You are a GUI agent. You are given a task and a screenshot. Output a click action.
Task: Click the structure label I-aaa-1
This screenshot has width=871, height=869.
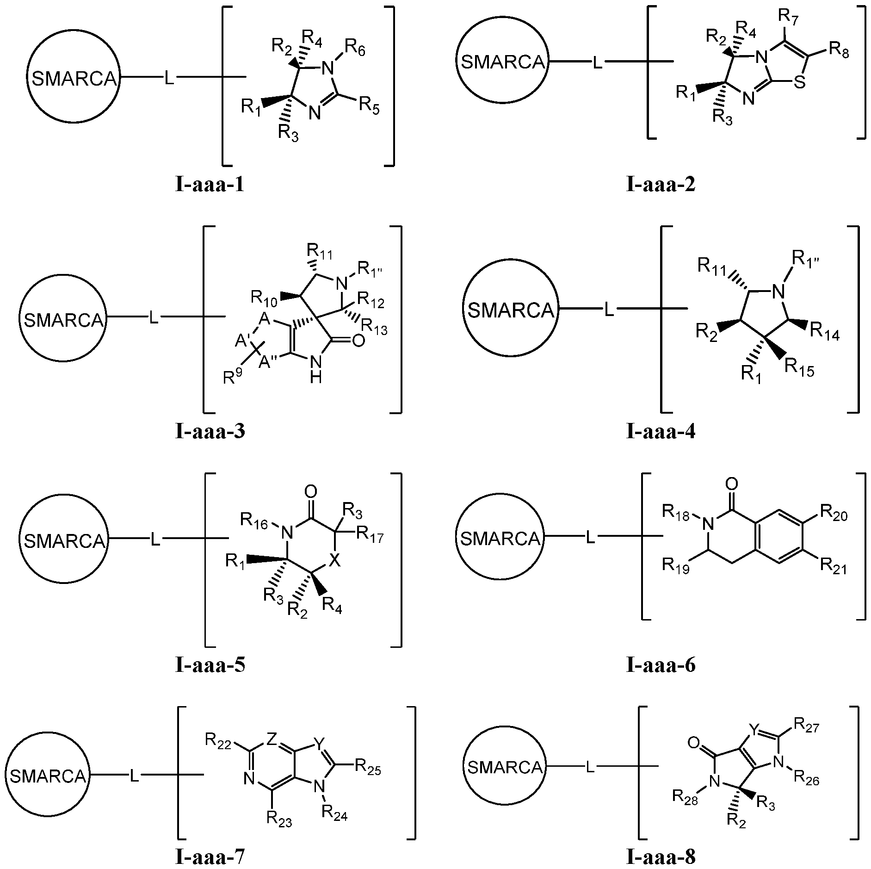209,185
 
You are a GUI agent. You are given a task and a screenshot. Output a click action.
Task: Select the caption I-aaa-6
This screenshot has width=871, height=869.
661,665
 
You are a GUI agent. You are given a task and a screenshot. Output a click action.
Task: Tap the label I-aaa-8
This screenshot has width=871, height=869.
661,857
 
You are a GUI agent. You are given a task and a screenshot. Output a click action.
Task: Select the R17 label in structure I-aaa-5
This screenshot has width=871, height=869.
370,536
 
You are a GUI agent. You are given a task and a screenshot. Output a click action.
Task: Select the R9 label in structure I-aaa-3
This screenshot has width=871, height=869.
233,376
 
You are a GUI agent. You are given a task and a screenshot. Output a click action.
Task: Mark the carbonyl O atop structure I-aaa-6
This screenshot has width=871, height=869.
732,484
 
